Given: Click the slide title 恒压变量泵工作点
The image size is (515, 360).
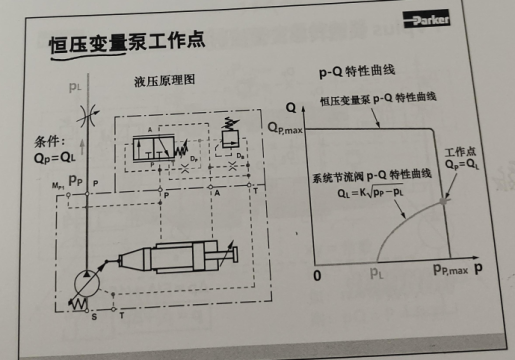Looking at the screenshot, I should point(128,43).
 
